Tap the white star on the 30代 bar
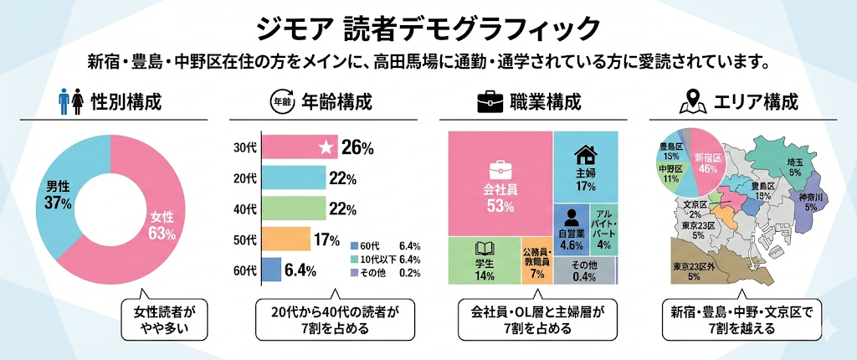(x=326, y=148)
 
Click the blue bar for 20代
(x=293, y=177)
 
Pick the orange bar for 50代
(x=285, y=239)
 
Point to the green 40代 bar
(x=293, y=208)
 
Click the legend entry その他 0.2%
(x=386, y=273)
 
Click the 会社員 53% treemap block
(x=500, y=184)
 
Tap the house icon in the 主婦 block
(x=586, y=155)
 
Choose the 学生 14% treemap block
(x=485, y=261)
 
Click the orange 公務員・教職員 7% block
(x=536, y=262)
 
